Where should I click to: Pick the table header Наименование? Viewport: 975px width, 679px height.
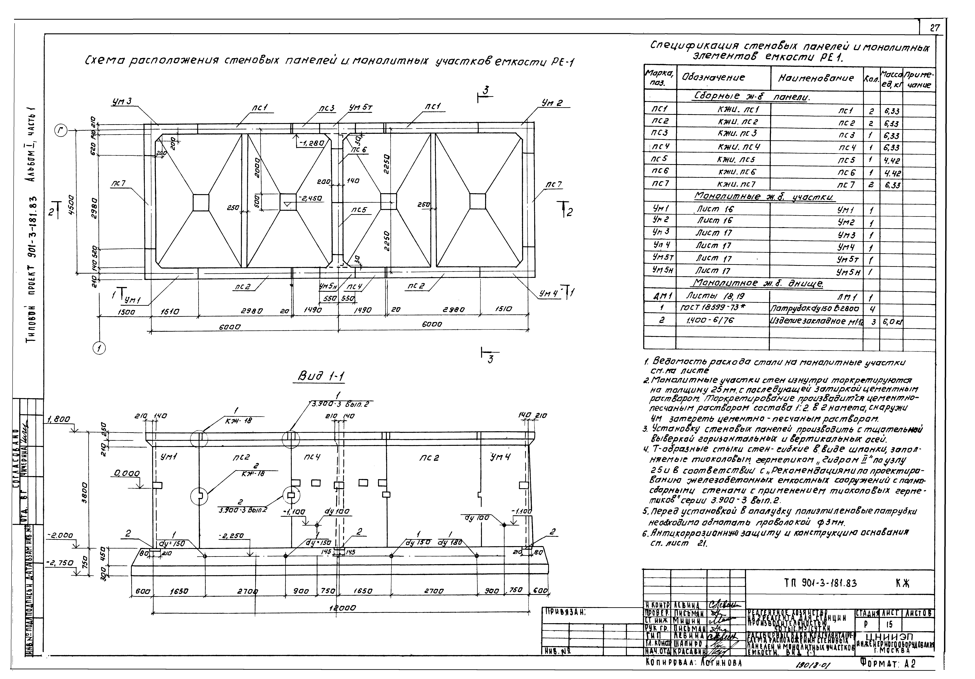[x=816, y=78]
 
